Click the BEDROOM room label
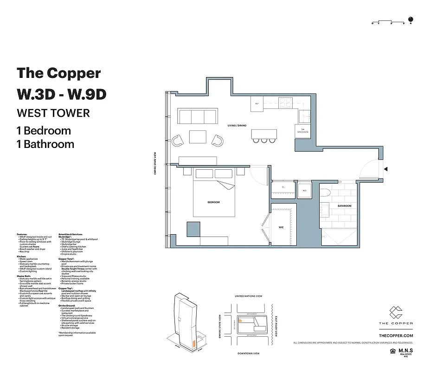click(x=213, y=202)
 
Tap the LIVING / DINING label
click(x=237, y=126)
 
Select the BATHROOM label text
click(x=344, y=205)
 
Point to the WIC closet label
click(x=281, y=227)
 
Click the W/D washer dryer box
click(x=304, y=190)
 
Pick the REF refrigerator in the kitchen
click(x=257, y=103)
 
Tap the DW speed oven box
click(x=302, y=131)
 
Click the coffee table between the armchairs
click(x=198, y=137)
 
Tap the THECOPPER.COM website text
click(x=396, y=335)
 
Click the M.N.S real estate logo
click(x=404, y=351)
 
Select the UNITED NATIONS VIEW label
click(x=249, y=296)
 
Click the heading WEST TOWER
click(x=53, y=113)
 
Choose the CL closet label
click(x=283, y=188)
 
